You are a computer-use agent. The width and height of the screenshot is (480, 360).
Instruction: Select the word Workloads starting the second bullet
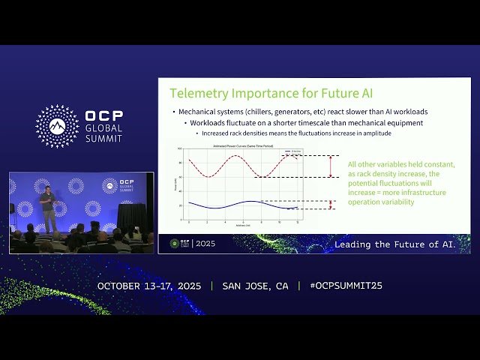tap(210, 123)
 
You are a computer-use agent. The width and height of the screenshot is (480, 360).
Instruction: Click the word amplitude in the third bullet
tap(375, 133)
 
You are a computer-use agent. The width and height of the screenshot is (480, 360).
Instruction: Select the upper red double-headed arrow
tap(331, 166)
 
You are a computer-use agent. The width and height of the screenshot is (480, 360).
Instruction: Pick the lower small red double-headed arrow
tap(331, 205)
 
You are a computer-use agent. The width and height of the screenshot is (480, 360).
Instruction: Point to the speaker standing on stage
tap(46, 207)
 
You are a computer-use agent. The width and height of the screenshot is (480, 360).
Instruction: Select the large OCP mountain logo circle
tap(57, 126)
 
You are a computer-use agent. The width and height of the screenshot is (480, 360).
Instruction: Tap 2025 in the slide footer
tap(205, 244)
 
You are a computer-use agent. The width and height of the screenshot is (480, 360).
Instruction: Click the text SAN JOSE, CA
tap(256, 286)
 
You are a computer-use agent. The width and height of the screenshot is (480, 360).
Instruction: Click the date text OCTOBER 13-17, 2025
tap(151, 286)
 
